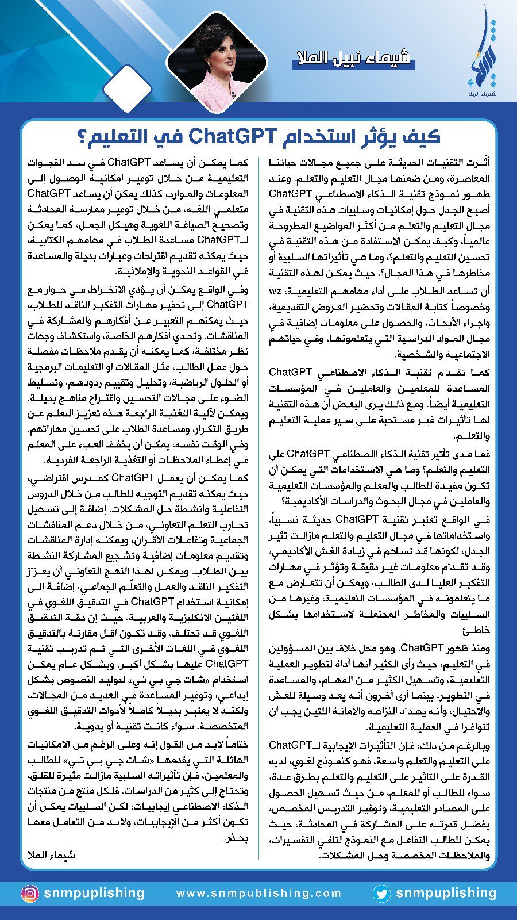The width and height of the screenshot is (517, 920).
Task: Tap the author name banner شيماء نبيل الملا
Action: pos(352,58)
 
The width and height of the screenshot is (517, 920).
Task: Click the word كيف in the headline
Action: pos(423,136)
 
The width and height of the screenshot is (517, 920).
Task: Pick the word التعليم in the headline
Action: pos(124,136)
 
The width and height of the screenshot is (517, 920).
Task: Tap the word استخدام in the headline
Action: pos(311,136)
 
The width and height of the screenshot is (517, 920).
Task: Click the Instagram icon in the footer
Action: pos(29,894)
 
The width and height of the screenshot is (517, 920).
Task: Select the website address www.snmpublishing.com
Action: pos(258,894)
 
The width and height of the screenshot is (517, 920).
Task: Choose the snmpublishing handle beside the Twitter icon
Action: pos(446,894)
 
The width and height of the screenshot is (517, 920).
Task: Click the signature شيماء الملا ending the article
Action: pos(51,855)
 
